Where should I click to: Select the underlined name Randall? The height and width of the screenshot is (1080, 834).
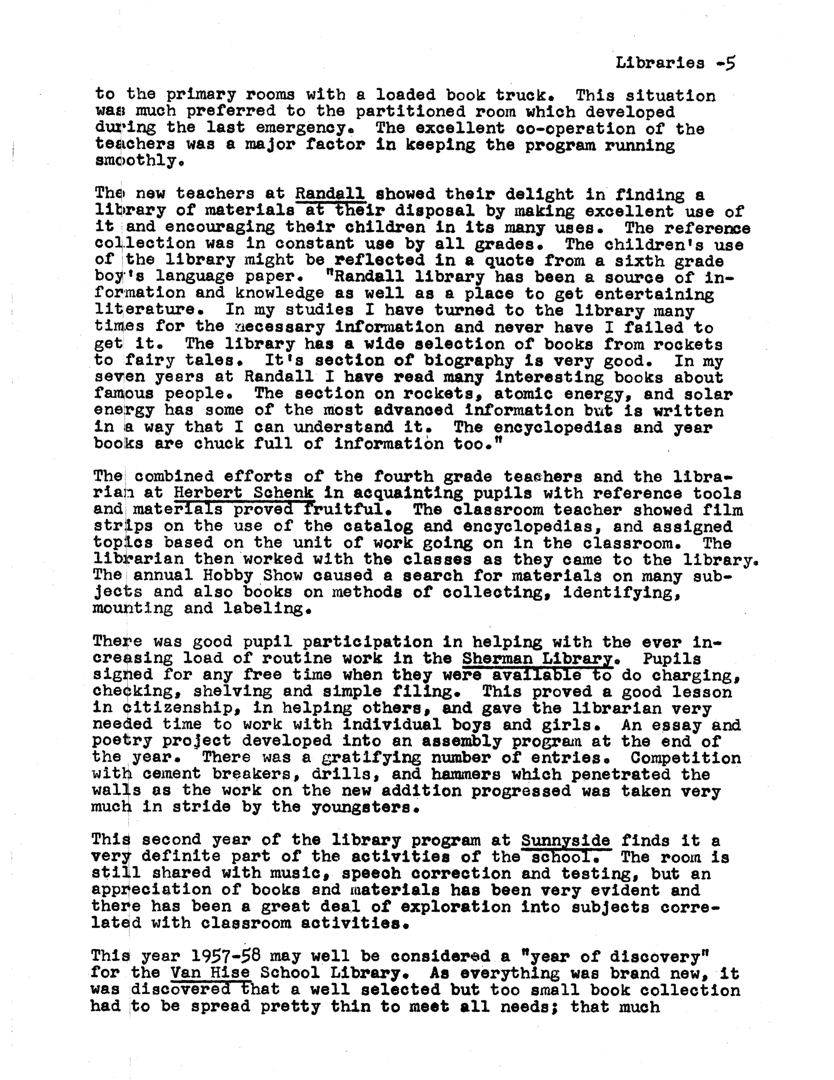330,193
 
